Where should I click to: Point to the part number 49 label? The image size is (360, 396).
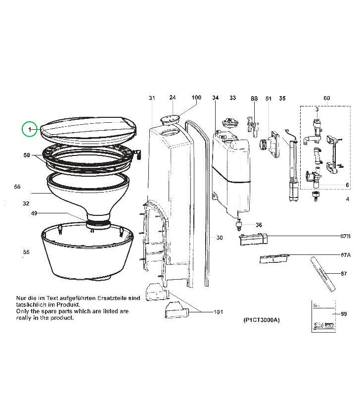click(34, 213)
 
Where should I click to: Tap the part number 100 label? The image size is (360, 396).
click(196, 98)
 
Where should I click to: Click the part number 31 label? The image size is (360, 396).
click(152, 98)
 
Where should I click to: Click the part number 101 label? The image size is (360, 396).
click(218, 312)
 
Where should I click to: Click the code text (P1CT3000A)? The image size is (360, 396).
click(262, 320)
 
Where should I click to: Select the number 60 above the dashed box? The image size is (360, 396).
click(326, 98)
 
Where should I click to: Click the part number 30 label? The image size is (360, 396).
click(220, 238)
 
